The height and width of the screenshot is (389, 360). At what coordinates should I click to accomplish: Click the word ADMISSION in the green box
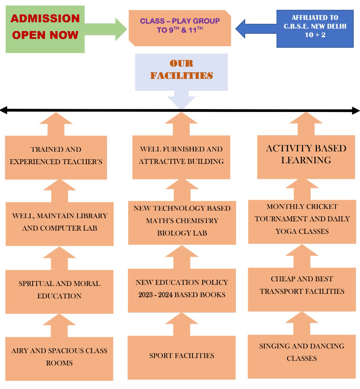coord(45,18)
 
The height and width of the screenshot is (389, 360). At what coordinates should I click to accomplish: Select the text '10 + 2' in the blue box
coord(315,35)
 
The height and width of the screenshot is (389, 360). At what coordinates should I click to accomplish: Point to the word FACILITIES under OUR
coord(181,76)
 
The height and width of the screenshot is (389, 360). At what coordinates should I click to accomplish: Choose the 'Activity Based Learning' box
coord(306,156)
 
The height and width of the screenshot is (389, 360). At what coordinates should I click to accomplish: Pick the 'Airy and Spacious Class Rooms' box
coord(59,358)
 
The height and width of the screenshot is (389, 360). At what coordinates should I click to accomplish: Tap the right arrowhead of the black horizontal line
coord(356,111)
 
